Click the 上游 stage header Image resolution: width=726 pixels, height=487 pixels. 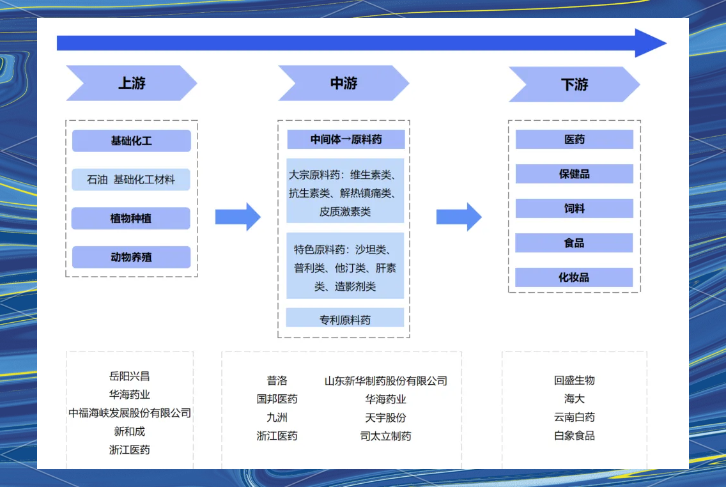coord(132,83)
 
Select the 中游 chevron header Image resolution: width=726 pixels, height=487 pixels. coord(344,83)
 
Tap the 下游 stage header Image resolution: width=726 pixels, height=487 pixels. coord(574,84)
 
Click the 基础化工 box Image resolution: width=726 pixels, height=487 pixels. coord(132,141)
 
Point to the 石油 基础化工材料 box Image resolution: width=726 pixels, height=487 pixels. coord(132,180)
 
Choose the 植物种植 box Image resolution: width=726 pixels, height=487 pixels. coord(131,219)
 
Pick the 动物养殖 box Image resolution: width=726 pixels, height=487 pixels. coord(131,257)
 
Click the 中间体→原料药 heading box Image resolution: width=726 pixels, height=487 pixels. coord(346,139)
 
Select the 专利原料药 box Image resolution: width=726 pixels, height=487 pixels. coord(345,318)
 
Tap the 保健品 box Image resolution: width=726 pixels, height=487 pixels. coord(574,174)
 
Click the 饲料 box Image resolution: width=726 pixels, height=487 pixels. coord(574,208)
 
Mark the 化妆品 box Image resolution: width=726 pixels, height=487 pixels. coord(574,277)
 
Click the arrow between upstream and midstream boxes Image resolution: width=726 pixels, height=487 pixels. coord(237,217)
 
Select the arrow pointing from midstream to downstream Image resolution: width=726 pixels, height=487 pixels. coord(458,217)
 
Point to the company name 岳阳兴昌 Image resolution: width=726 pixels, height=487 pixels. coord(129,376)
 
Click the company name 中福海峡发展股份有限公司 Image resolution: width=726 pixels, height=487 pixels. coord(130,413)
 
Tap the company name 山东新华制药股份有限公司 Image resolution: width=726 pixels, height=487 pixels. coord(385,381)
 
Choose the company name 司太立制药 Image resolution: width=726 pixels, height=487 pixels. coord(385,436)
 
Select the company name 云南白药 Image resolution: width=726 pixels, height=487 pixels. coord(574,417)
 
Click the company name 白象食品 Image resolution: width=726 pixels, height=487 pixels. coord(574,436)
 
